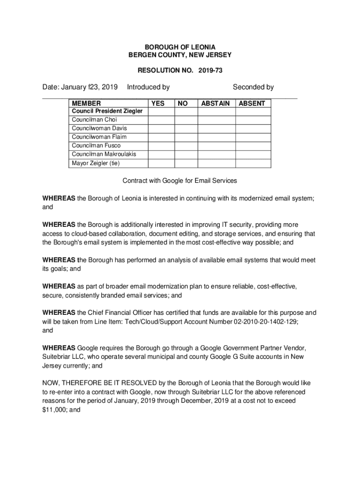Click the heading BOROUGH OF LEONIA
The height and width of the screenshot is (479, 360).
pos(180,47)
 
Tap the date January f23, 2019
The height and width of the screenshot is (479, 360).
pos(80,87)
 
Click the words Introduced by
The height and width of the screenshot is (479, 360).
pos(148,87)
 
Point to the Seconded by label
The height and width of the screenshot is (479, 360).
pos(253,87)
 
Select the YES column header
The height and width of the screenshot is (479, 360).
pos(158,103)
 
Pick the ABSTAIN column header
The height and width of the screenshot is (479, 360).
pos(215,103)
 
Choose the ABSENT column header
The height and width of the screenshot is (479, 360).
pos(252,103)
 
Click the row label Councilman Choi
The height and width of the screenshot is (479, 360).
pos(91,120)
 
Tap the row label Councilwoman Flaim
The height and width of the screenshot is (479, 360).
pos(99,137)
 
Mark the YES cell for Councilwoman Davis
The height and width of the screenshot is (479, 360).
pos(160,129)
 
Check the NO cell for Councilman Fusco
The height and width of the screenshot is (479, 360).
pos(185,145)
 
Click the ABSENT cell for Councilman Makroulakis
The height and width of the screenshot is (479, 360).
pos(252,154)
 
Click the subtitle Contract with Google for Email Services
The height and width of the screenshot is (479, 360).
pos(180,181)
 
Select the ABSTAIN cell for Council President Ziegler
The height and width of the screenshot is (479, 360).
pos(216,111)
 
